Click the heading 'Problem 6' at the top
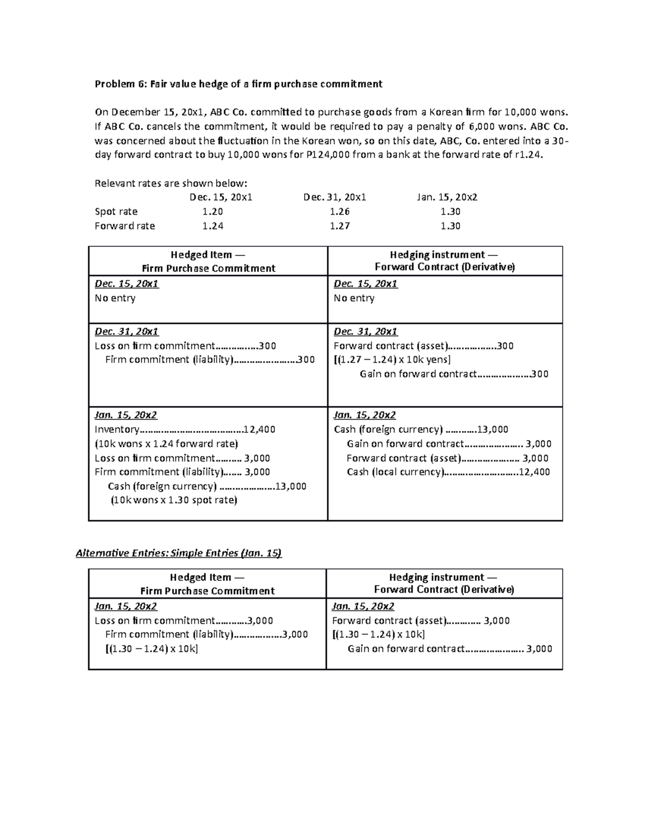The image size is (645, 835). [238, 84]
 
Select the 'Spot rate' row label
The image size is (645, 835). [116, 212]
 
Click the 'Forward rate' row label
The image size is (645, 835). [125, 226]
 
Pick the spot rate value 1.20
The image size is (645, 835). [212, 212]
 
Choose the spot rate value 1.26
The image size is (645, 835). [340, 212]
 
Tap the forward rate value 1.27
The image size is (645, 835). [340, 226]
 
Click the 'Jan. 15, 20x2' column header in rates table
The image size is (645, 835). [447, 197]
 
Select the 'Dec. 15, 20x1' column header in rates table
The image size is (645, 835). [221, 197]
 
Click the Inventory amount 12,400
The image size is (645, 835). [259, 430]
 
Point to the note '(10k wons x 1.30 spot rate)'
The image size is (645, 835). [174, 500]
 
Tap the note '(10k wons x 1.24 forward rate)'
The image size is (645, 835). [166, 444]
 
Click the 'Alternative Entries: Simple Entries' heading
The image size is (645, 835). [178, 553]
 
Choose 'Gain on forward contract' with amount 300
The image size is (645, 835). [454, 374]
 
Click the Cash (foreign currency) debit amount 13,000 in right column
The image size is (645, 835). [492, 430]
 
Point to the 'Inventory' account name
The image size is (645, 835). [117, 430]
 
